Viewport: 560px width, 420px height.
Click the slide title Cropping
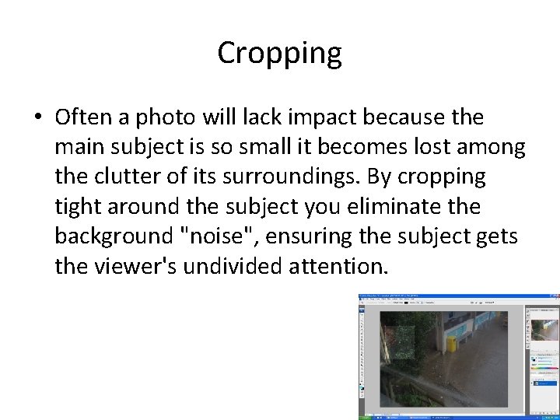click(279, 54)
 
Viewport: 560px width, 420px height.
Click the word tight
click(79, 207)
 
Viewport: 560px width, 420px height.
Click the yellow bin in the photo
click(450, 344)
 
